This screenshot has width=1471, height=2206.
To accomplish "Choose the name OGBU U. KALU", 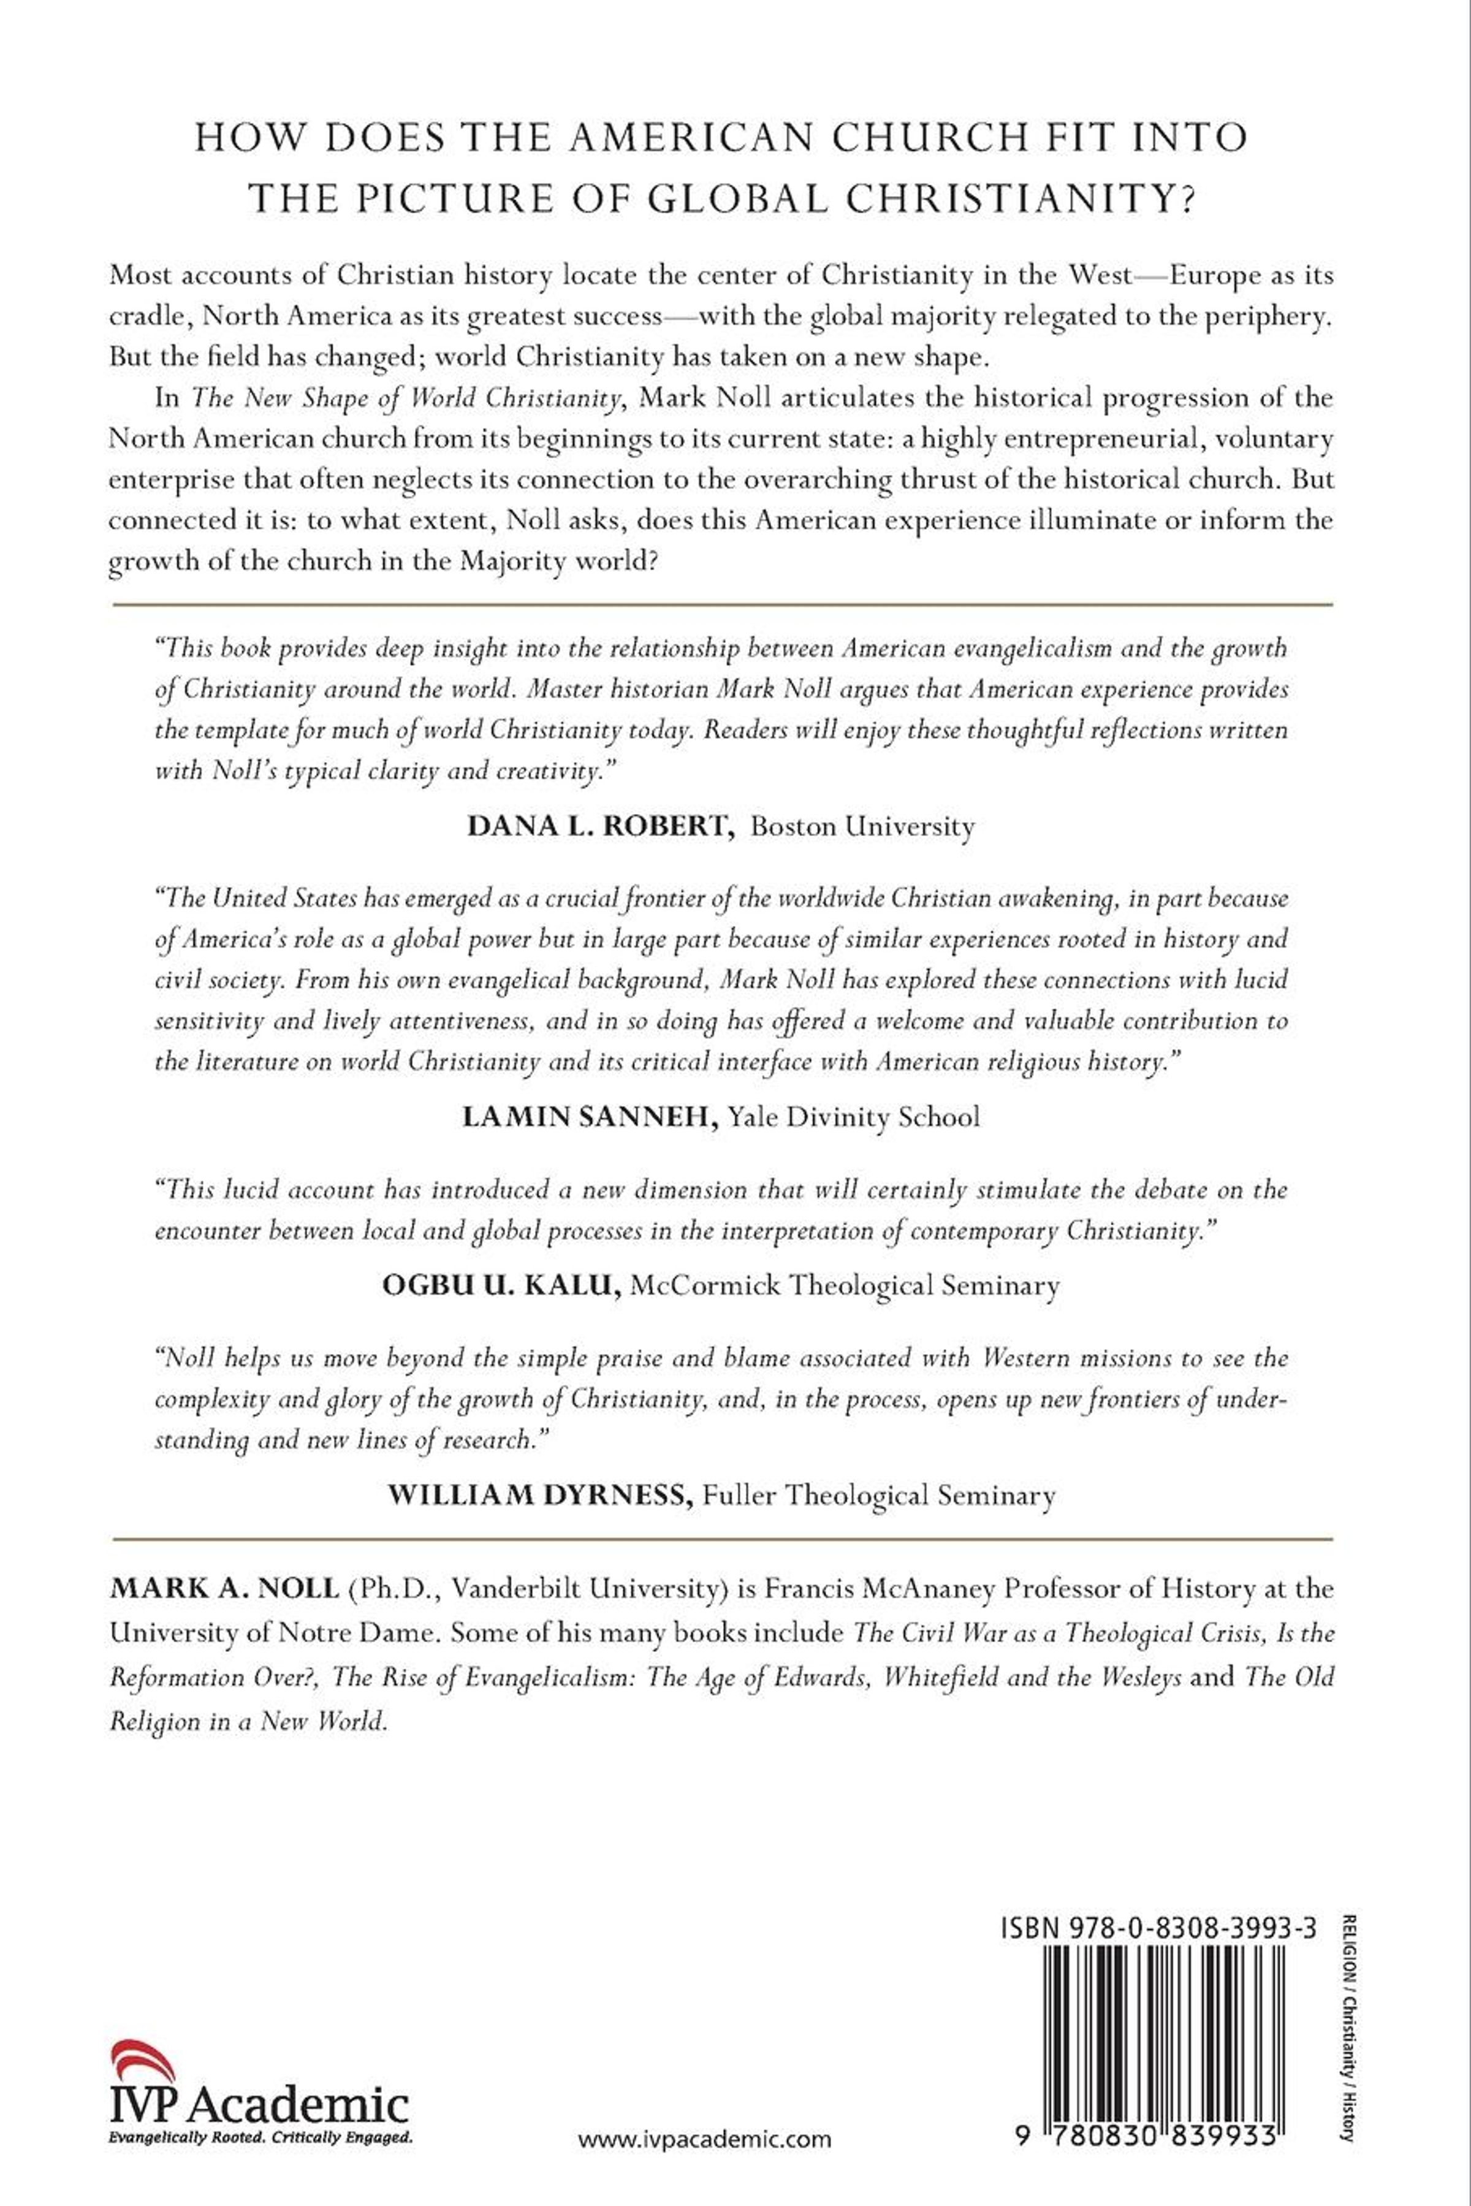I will coord(501,1285).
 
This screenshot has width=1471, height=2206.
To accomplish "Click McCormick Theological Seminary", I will coord(845,1285).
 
